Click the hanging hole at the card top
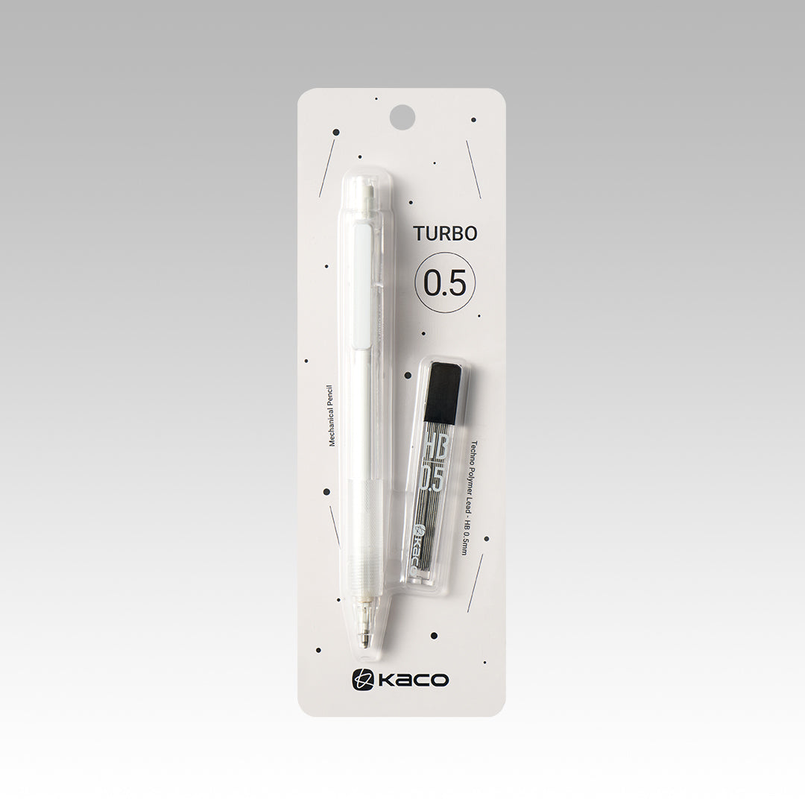[x=402, y=116]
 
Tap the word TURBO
[x=445, y=234]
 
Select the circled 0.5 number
[x=445, y=284]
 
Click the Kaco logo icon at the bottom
[x=362, y=680]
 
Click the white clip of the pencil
[x=364, y=287]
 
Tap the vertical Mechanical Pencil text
[x=329, y=415]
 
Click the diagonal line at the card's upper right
[x=473, y=169]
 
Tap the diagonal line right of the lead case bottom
[x=475, y=582]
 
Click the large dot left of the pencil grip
[x=326, y=492]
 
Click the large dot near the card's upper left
[x=336, y=133]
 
